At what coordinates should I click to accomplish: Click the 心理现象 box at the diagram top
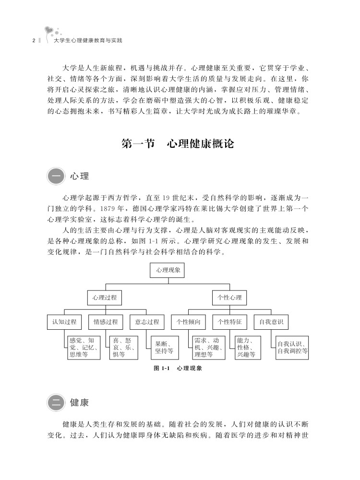167,270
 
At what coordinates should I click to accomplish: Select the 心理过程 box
105,298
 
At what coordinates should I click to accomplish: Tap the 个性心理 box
229,298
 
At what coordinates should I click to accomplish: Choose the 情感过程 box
106,322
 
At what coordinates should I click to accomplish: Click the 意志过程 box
147,322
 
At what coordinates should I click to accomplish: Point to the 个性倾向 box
188,322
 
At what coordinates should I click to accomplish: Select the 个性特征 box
229,322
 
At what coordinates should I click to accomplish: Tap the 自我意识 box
271,322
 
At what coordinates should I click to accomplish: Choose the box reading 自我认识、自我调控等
292,348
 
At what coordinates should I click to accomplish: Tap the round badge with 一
56,176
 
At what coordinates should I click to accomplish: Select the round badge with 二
56,402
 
